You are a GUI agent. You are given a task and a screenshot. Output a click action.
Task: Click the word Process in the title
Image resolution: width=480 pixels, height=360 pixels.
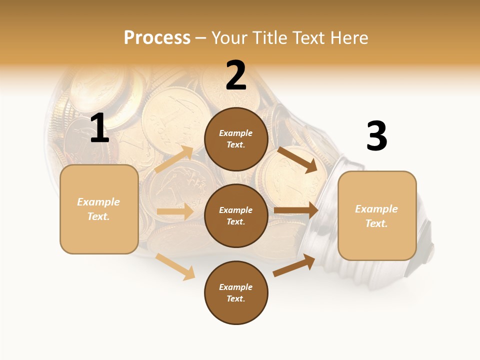pyautogui.click(x=157, y=37)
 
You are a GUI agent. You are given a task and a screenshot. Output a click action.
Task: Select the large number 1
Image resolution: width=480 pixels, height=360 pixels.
pyautogui.click(x=99, y=128)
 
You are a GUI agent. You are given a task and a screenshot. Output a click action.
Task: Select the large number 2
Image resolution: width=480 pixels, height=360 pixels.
pyautogui.click(x=236, y=75)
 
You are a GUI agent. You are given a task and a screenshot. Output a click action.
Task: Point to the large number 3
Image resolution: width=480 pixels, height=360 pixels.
pyautogui.click(x=376, y=136)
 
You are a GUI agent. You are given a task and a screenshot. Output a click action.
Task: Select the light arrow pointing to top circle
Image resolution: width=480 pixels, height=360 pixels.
pyautogui.click(x=174, y=159)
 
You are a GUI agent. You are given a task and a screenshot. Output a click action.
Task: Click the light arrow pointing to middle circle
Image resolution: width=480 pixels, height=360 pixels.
pyautogui.click(x=175, y=211)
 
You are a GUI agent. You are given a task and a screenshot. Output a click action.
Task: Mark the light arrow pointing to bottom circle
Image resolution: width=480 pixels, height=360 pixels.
pyautogui.click(x=175, y=266)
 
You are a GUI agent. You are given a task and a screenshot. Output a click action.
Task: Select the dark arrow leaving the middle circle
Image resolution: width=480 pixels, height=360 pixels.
pyautogui.click(x=296, y=210)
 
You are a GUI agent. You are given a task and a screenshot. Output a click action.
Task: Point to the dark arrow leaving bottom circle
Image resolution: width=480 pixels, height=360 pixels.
pyautogui.click(x=294, y=265)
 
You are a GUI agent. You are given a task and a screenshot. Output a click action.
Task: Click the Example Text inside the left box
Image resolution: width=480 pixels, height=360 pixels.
pyautogui.click(x=98, y=209)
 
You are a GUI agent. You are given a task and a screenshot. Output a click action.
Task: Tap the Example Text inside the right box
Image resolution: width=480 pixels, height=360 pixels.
pyautogui.click(x=376, y=216)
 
